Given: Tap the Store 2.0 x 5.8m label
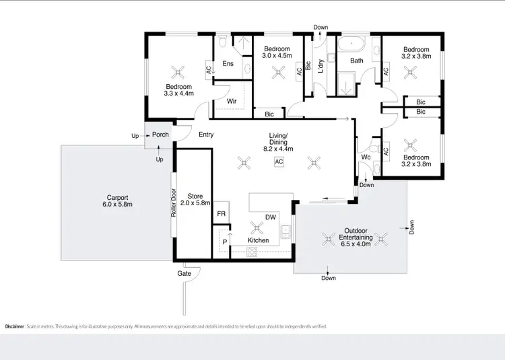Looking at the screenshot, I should tap(194, 199).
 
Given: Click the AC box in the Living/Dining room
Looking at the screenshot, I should tap(278, 161).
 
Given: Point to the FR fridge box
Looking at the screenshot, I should tap(221, 214).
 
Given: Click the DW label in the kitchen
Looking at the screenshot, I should tap(269, 217).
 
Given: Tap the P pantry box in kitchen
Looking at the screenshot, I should tap(224, 240).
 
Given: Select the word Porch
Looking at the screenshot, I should tap(160, 135).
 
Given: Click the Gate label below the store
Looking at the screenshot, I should tap(184, 273).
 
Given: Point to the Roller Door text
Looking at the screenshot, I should tap(173, 203).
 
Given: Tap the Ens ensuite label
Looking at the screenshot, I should tap(228, 64).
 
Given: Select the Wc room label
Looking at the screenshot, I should tap(366, 158).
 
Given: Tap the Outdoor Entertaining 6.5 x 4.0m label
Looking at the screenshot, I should tap(355, 237).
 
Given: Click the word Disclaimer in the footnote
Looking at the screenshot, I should tap(15, 326).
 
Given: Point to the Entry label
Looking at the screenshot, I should tap(206, 135).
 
